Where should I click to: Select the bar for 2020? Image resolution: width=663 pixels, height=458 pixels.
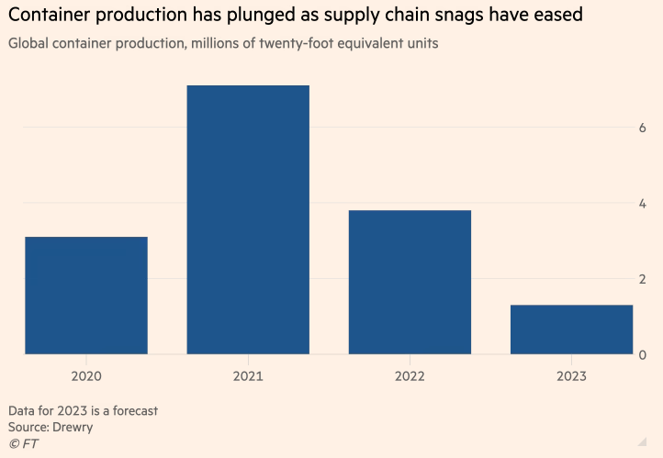[x=86, y=295]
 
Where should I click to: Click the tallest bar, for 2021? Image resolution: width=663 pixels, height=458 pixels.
[x=248, y=219]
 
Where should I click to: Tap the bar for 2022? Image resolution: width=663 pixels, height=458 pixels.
[x=410, y=282]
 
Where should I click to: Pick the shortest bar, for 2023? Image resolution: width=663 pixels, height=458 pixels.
[x=571, y=329]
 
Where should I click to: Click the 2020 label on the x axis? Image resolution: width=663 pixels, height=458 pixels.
[x=86, y=375]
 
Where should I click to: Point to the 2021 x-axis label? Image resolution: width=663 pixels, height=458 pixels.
[x=248, y=375]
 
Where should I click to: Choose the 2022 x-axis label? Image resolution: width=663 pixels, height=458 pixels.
[x=410, y=375]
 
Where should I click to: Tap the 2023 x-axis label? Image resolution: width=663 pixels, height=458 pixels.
[x=571, y=375]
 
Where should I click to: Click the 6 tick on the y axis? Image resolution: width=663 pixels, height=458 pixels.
[x=643, y=128]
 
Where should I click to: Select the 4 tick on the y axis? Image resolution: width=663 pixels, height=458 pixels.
[x=643, y=204]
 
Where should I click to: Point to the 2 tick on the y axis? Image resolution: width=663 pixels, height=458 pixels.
[x=643, y=279]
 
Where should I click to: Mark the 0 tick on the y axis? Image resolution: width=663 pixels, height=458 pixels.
[x=643, y=355]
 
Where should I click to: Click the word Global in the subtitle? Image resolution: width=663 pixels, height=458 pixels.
[x=28, y=43]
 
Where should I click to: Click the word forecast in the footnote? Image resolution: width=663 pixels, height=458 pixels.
[x=131, y=410]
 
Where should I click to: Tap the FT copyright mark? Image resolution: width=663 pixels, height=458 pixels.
[x=23, y=444]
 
